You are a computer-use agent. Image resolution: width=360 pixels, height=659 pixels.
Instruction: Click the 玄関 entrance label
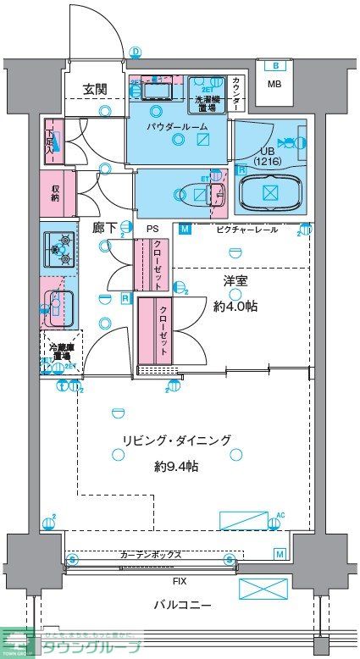point(95,88)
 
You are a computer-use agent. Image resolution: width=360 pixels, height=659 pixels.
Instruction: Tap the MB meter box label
point(274,84)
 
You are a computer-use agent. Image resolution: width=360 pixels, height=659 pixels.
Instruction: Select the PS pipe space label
point(152,229)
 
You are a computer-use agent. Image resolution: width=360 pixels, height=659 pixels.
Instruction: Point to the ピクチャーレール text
point(246,229)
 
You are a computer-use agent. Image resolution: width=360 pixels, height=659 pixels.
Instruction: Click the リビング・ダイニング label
point(176,440)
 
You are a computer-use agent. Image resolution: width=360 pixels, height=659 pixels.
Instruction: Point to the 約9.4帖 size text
point(176,466)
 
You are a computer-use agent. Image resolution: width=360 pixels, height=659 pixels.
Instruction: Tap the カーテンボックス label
point(151,555)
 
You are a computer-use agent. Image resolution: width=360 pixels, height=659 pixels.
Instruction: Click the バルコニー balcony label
point(182,605)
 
